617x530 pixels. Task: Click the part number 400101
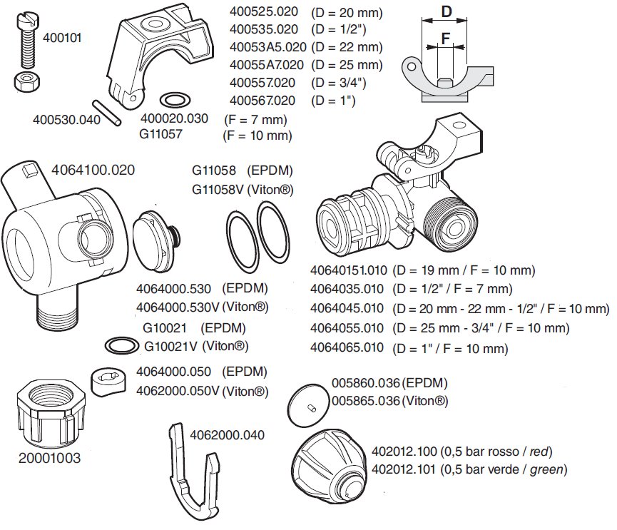pos(62,38)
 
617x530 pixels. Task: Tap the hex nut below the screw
pos(26,81)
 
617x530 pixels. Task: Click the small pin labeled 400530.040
pos(106,113)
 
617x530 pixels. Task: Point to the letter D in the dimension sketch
pos(447,11)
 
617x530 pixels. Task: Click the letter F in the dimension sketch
pos(445,39)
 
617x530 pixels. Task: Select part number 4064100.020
pos(93,170)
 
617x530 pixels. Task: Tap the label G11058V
pos(218,190)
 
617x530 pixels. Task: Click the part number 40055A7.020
pos(267,65)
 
